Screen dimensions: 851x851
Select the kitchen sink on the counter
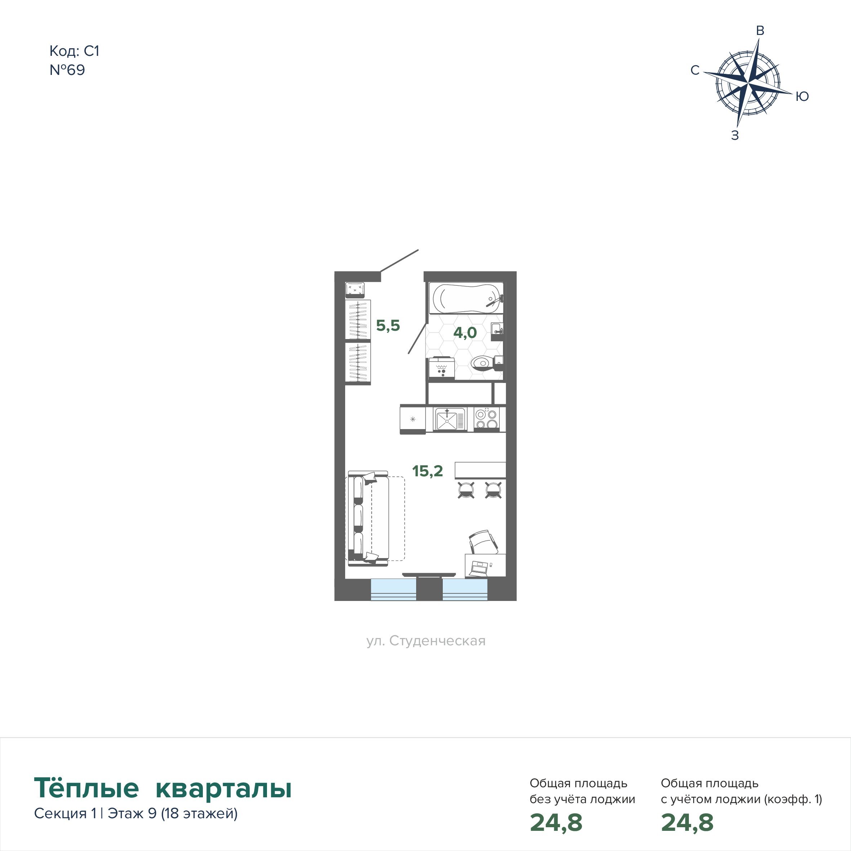[449, 419]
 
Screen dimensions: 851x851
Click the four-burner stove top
[487, 418]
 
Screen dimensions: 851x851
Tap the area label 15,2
[427, 471]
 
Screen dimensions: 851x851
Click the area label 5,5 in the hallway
[388, 325]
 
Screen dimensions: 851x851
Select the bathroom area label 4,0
[465, 333]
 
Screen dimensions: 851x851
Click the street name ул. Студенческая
[426, 641]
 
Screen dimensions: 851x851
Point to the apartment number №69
[67, 70]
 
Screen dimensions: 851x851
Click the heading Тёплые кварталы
[163, 788]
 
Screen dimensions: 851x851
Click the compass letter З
[735, 135]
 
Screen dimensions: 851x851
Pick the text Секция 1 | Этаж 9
[95, 813]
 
